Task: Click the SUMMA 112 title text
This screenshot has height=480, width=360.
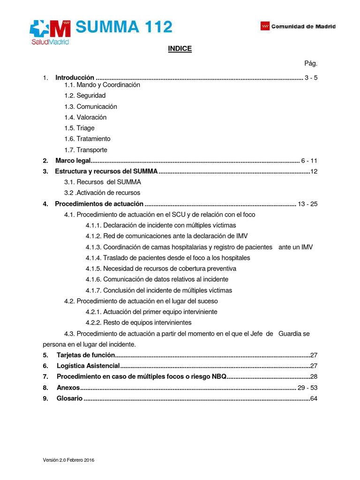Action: coord(124,27)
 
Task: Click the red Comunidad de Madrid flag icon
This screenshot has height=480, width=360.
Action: coord(265,26)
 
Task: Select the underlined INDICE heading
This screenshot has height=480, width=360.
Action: coord(180,49)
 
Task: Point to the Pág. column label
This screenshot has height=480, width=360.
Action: coord(311,63)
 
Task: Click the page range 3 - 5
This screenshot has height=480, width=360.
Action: coord(311,78)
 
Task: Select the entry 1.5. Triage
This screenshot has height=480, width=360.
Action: coord(79,128)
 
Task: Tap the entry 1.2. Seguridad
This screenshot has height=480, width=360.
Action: coord(85,96)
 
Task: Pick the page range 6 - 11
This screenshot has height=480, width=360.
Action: coord(309,161)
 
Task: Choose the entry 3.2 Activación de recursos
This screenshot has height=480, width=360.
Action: coord(102,193)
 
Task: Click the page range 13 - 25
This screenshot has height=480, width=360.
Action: coord(307,204)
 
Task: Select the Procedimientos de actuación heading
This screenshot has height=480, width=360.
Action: coord(99,204)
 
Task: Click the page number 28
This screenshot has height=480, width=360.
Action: coord(314,377)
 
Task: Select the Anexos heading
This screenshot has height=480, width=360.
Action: coord(68,388)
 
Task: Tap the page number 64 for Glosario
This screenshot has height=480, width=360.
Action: coord(314,398)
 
